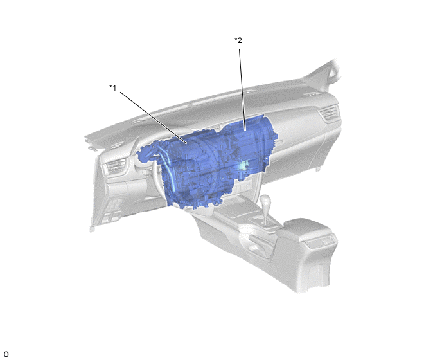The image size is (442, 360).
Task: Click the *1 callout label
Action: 113,88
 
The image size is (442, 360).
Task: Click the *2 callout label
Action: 238,40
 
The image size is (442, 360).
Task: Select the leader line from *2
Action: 242,90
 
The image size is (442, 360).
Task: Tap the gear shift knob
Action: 265,201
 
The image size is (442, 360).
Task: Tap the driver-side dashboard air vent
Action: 115,166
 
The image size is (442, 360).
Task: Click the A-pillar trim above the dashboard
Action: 324,72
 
